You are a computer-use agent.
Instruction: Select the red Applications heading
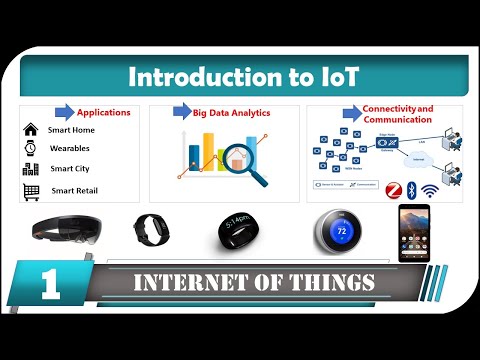pyautogui.click(x=104, y=112)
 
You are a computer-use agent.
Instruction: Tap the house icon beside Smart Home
pyautogui.click(x=30, y=129)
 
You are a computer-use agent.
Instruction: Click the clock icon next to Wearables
pyautogui.click(x=30, y=148)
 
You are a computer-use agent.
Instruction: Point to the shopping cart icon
pyautogui.click(x=30, y=190)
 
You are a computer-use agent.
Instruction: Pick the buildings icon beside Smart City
pyautogui.click(x=30, y=169)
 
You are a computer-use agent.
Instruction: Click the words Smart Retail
pyautogui.click(x=74, y=190)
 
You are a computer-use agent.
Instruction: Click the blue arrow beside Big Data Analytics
pyautogui.click(x=182, y=111)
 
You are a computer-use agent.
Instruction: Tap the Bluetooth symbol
pyautogui.click(x=412, y=187)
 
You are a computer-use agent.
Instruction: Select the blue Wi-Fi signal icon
pyautogui.click(x=432, y=190)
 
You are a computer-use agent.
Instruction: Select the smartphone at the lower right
pyautogui.click(x=413, y=232)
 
